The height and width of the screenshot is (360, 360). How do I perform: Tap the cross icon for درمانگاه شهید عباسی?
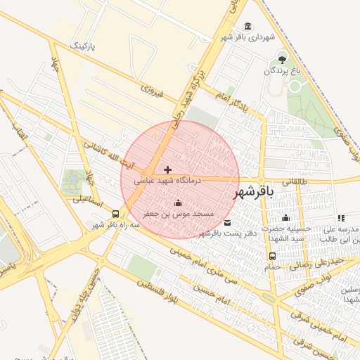(x=167, y=169)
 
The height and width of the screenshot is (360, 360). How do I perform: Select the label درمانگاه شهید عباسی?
(x=168, y=181)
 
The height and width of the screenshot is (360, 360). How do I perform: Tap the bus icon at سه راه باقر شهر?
(x=115, y=214)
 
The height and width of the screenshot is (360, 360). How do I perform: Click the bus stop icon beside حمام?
(x=272, y=256)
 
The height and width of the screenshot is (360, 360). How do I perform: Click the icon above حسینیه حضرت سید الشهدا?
(x=286, y=218)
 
